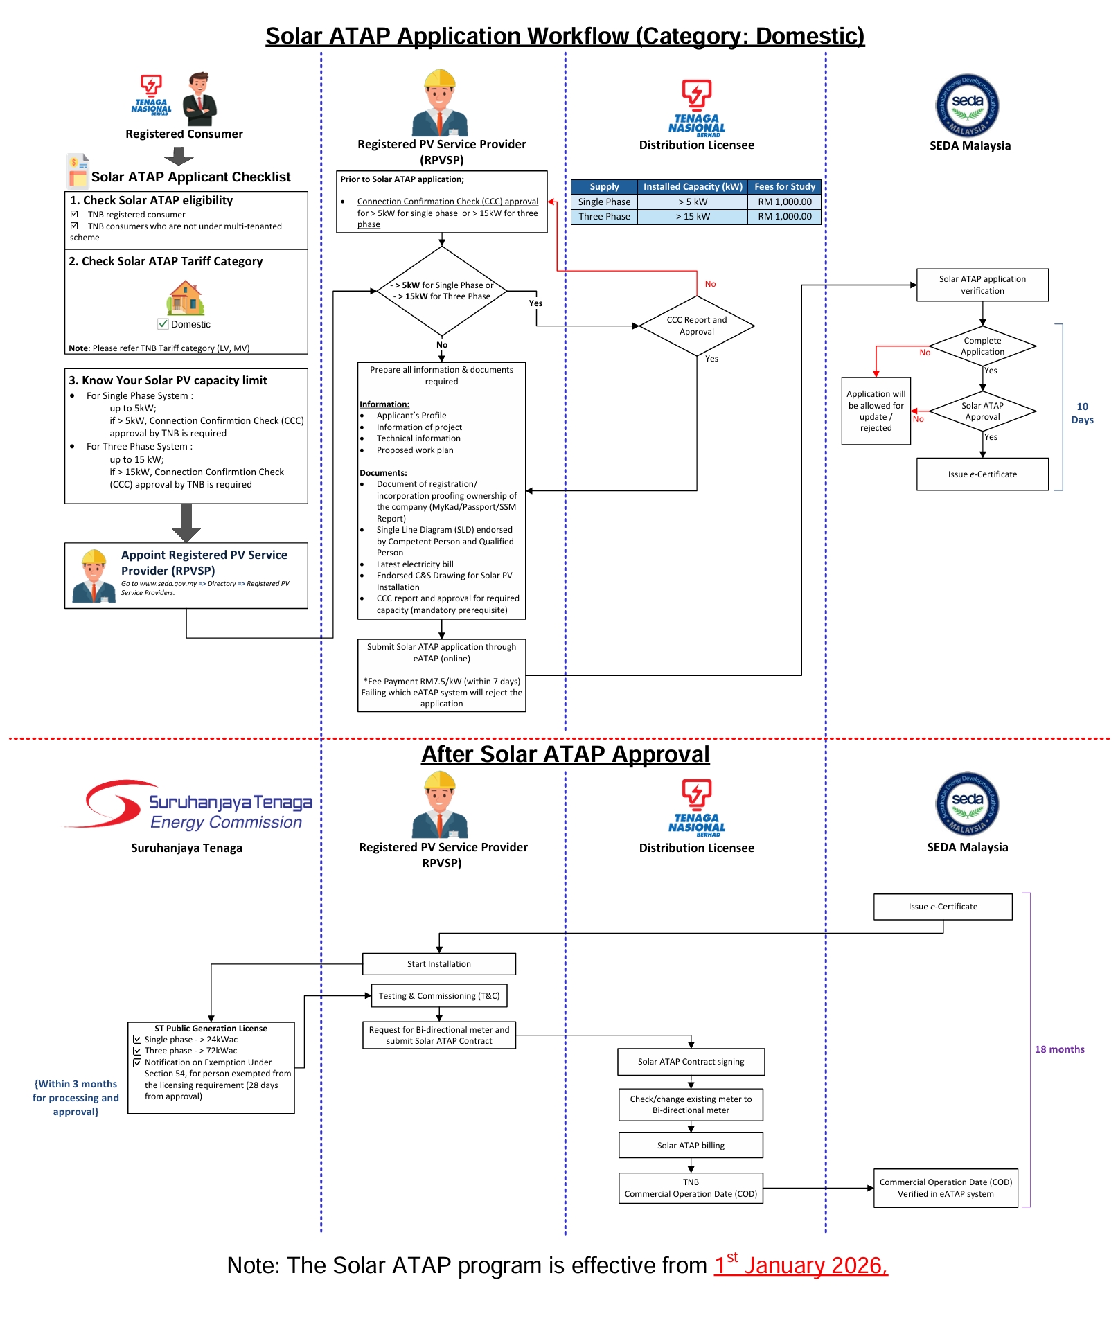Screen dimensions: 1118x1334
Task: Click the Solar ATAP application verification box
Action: (x=982, y=285)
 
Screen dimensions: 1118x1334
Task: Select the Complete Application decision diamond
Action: (x=982, y=346)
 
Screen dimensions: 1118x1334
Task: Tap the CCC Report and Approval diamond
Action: (x=697, y=326)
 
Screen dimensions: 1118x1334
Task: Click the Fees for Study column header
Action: (x=785, y=186)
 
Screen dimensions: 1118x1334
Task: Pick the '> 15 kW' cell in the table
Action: (x=693, y=216)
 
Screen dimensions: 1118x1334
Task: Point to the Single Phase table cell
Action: (x=604, y=202)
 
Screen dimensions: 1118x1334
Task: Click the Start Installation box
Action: (x=439, y=964)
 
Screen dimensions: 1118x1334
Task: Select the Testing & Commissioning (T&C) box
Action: (x=439, y=996)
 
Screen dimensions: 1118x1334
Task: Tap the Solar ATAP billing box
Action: (x=691, y=1146)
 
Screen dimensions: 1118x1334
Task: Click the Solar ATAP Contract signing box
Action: (x=691, y=1062)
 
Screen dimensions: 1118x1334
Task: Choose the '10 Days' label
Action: (x=1082, y=413)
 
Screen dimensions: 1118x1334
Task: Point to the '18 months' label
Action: (x=1060, y=1049)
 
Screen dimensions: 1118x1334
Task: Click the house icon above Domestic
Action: (x=186, y=298)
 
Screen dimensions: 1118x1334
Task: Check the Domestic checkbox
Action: (x=163, y=323)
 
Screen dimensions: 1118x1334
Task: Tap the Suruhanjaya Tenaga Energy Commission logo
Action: (x=188, y=805)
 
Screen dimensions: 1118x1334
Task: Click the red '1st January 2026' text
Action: (x=801, y=1265)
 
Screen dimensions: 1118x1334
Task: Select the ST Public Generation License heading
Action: (x=211, y=1029)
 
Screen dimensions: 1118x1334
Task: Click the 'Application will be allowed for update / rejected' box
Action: (x=876, y=411)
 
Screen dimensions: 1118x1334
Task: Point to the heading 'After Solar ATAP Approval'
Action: (x=565, y=754)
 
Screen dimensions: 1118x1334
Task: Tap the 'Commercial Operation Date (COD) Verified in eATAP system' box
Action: (x=946, y=1188)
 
